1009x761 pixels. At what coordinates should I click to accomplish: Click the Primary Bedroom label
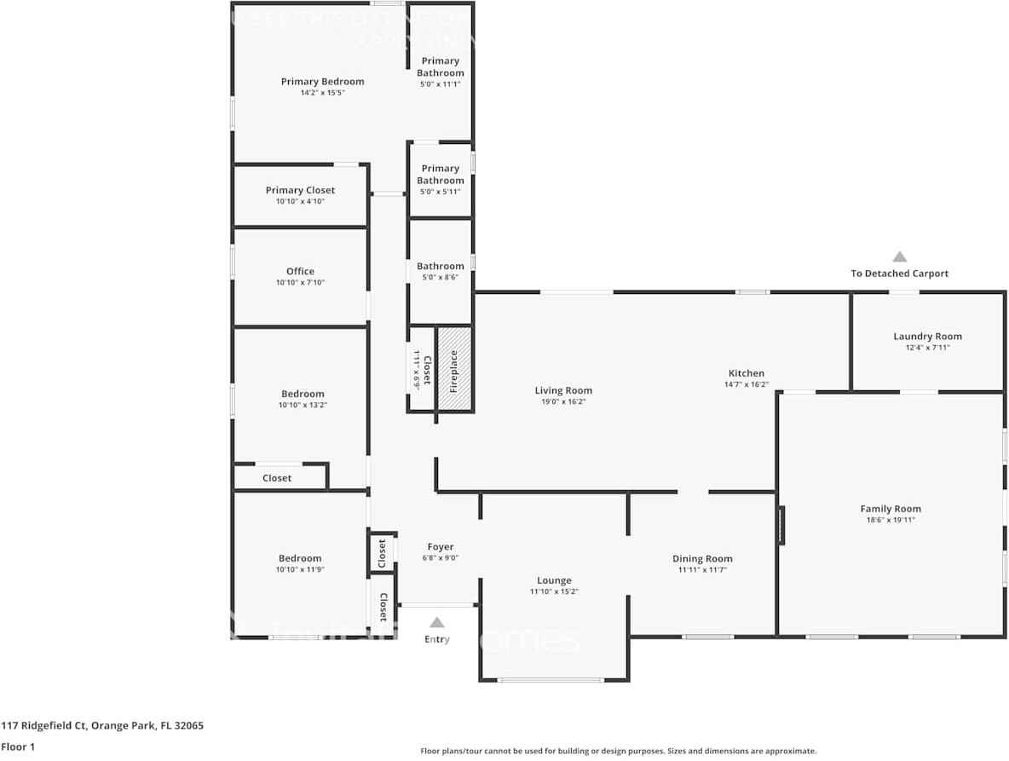(x=322, y=82)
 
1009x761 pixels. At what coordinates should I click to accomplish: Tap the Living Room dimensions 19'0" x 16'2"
(x=563, y=401)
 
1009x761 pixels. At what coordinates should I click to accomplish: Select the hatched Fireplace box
(x=454, y=369)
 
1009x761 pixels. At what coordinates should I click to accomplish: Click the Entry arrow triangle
(x=436, y=623)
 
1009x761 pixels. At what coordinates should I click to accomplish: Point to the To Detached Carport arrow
(x=899, y=257)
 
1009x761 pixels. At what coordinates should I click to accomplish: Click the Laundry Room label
(x=927, y=337)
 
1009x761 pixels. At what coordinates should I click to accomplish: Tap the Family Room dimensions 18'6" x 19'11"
(x=891, y=520)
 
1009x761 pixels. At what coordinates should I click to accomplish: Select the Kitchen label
(x=746, y=373)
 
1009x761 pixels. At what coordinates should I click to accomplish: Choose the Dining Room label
(x=702, y=559)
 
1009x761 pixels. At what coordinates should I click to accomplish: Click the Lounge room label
(x=554, y=580)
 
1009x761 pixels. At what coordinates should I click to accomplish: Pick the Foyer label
(x=440, y=547)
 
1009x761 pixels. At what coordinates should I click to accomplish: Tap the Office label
(x=300, y=272)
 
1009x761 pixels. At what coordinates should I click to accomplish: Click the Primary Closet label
(x=300, y=190)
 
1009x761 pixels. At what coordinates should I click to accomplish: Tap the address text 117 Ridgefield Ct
(x=102, y=726)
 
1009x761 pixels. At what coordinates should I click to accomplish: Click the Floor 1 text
(x=19, y=747)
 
